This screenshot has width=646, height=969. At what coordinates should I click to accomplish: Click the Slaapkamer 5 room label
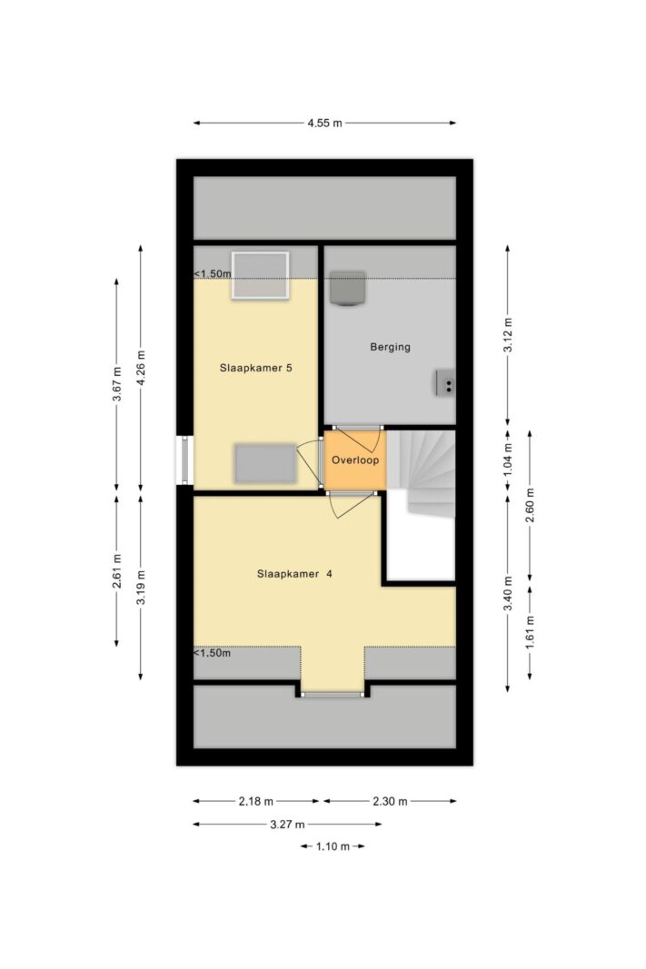(255, 369)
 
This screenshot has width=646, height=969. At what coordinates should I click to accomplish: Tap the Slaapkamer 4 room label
(293, 573)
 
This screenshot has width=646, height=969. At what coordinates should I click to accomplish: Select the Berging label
(390, 347)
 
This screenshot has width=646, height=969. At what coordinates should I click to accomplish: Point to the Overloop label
(354, 460)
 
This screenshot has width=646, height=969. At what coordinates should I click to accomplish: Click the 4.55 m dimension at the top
(323, 124)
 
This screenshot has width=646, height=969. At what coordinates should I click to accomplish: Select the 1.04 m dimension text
(508, 460)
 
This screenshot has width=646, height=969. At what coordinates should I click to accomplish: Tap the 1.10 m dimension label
(332, 846)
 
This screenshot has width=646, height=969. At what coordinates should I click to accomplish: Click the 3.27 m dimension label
(286, 824)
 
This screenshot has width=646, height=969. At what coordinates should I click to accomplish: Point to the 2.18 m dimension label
(255, 801)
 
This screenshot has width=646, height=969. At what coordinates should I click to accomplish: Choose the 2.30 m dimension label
(390, 801)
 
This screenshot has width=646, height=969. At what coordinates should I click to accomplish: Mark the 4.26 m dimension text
(140, 368)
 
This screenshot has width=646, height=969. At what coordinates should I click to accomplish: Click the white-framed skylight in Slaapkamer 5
(260, 275)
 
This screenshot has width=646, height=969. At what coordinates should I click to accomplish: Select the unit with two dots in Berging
(445, 384)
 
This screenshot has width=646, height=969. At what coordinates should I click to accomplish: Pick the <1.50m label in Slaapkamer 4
(213, 653)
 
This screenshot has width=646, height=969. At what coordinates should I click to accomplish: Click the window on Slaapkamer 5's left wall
(185, 460)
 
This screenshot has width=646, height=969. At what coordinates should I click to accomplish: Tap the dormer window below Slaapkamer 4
(333, 695)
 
